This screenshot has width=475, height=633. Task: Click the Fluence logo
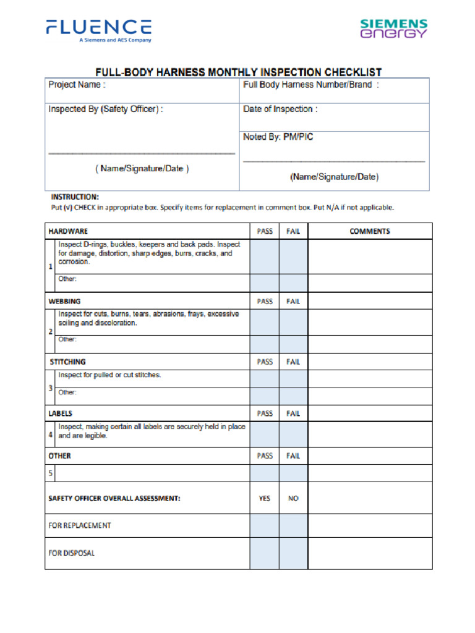tap(98, 30)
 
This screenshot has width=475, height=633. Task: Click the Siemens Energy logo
tap(394, 28)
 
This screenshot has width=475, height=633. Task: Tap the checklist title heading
tap(237, 72)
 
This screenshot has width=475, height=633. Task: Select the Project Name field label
tap(77, 85)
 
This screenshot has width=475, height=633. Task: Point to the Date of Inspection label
tap(280, 109)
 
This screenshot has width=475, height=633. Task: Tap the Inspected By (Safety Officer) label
tap(106, 109)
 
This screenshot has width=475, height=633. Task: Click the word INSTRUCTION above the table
tap(74, 197)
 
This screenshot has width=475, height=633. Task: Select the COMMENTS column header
tap(370, 231)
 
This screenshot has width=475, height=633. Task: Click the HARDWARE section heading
tap(68, 231)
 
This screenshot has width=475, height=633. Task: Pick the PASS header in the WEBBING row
tap(265, 302)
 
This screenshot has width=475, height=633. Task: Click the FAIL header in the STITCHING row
tap(293, 362)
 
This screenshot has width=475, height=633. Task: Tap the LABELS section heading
tap(61, 414)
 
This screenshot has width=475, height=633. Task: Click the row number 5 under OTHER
tap(51, 474)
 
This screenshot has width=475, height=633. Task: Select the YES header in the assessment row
tap(265, 498)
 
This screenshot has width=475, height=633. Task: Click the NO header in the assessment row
tap(293, 498)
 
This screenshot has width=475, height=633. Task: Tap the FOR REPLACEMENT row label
tap(80, 525)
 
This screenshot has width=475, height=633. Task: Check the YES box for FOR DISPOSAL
tap(264, 553)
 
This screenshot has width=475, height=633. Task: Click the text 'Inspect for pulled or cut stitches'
tap(109, 375)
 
